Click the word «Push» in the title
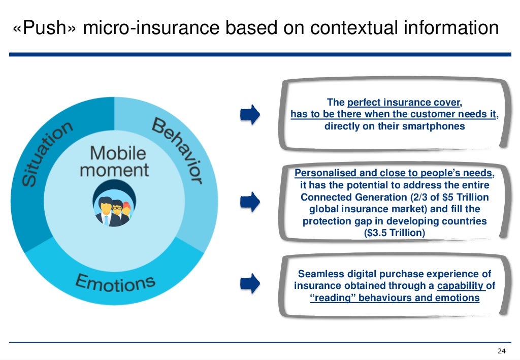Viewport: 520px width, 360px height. tap(45, 28)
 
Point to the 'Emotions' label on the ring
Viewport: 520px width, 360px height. tap(115, 282)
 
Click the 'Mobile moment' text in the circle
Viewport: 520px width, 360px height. tap(114, 161)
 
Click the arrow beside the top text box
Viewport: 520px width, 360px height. tap(250, 115)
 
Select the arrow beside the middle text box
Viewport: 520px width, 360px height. tap(250, 202)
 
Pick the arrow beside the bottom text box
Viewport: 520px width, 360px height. tap(250, 282)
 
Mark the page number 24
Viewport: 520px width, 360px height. tap(502, 351)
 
